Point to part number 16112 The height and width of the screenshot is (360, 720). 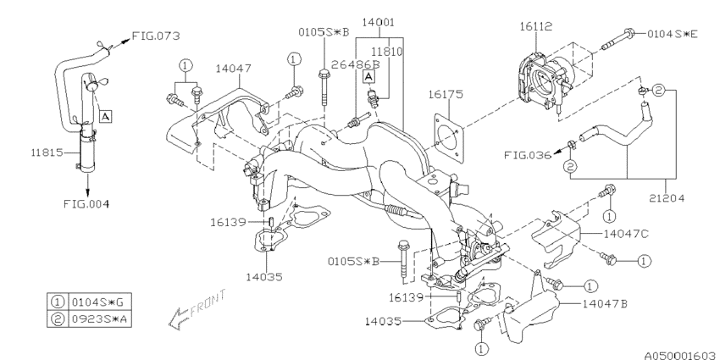(538, 27)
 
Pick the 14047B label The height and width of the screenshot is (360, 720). (606, 301)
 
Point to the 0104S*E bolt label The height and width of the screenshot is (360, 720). (673, 35)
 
